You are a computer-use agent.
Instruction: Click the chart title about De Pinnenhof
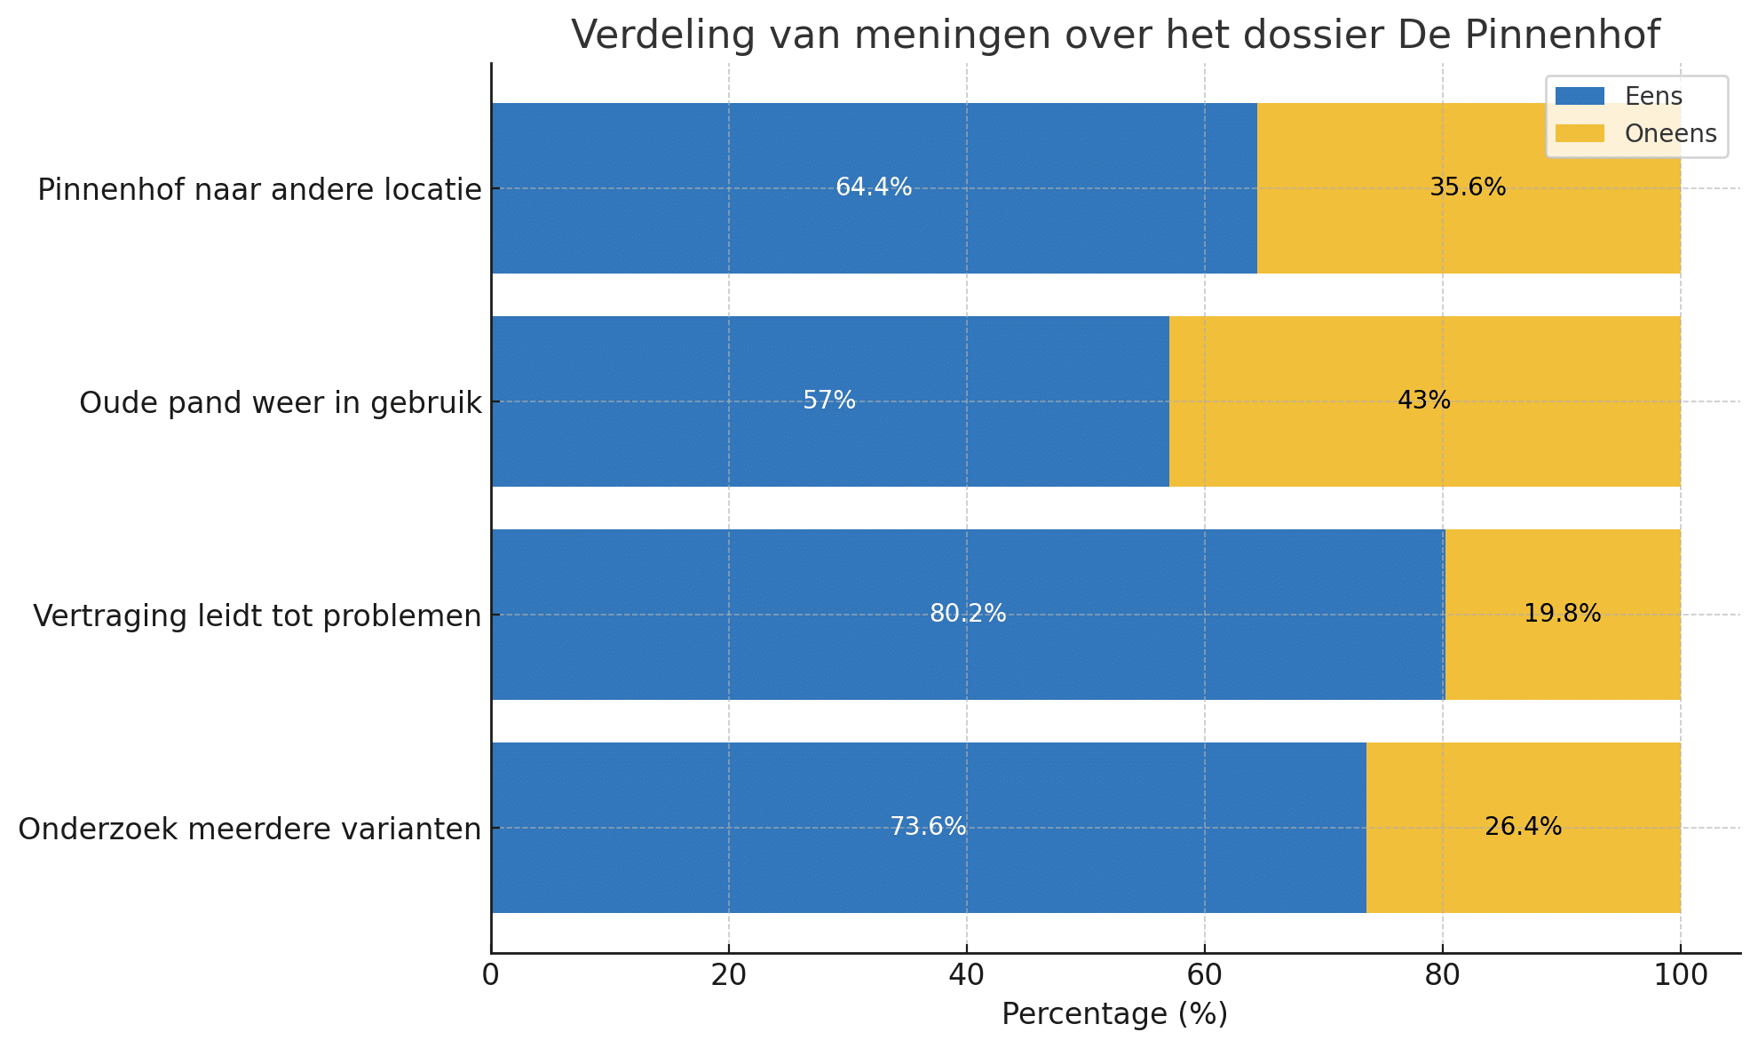pos(1115,36)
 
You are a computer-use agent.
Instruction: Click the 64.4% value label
pos(874,187)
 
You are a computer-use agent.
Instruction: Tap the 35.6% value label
pos(1468,187)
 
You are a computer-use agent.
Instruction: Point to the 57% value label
pos(829,401)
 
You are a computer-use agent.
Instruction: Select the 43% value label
pos(1424,401)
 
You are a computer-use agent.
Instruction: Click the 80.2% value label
pos(968,614)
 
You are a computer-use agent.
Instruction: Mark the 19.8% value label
pos(1562,614)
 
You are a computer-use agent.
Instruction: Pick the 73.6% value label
pos(928,827)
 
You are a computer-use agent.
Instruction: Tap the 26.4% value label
pos(1523,827)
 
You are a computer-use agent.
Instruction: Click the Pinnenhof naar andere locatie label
pos(259,190)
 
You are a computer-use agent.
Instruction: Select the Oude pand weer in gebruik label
pos(281,403)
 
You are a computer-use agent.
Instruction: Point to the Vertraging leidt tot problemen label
pos(257,615)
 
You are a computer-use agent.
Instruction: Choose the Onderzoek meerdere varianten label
pos(249,830)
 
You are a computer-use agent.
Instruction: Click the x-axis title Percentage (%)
pos(1114,1014)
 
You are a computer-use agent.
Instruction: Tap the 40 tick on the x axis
pos(966,975)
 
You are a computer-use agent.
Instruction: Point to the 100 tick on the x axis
pos(1680,975)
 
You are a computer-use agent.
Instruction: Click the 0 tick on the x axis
pos(491,975)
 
